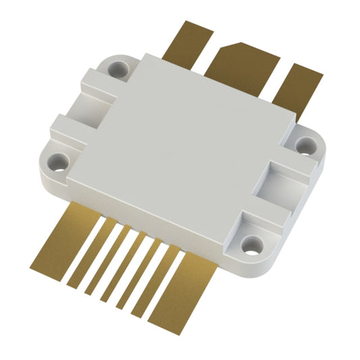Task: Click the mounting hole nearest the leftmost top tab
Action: pos(122,67)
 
